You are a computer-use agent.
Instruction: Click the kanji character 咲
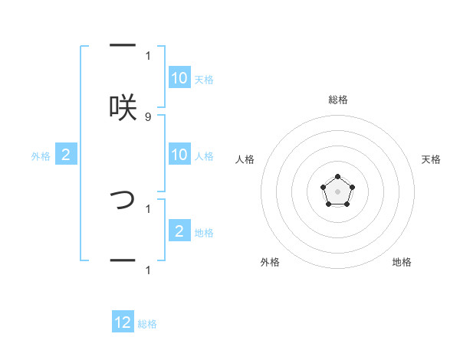[x=123, y=106]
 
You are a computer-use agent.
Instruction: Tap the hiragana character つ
[x=123, y=199]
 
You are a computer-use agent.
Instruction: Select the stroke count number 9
[x=148, y=116]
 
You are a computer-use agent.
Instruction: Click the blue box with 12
[x=123, y=322]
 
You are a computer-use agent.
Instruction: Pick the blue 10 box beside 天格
[x=179, y=78]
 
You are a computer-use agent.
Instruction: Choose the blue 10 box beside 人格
[x=179, y=155]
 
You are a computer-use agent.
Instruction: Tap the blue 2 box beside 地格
[x=179, y=231]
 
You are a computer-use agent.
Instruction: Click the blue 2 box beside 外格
[x=66, y=155]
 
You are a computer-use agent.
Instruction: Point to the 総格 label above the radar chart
[x=337, y=100]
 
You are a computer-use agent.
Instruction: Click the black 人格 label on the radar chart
[x=245, y=159]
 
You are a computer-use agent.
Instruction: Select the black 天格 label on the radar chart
[x=431, y=159]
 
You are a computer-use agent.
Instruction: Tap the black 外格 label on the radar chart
[x=270, y=262]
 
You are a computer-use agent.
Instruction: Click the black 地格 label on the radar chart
[x=402, y=262]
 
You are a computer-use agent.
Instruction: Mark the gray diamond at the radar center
[x=337, y=191]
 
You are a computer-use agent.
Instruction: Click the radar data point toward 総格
[x=337, y=177]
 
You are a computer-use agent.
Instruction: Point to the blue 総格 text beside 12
[x=147, y=324]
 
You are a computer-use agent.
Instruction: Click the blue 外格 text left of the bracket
[x=41, y=155]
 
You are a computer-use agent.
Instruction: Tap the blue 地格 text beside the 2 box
[x=204, y=232]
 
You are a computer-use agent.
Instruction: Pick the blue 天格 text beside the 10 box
[x=204, y=79]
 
